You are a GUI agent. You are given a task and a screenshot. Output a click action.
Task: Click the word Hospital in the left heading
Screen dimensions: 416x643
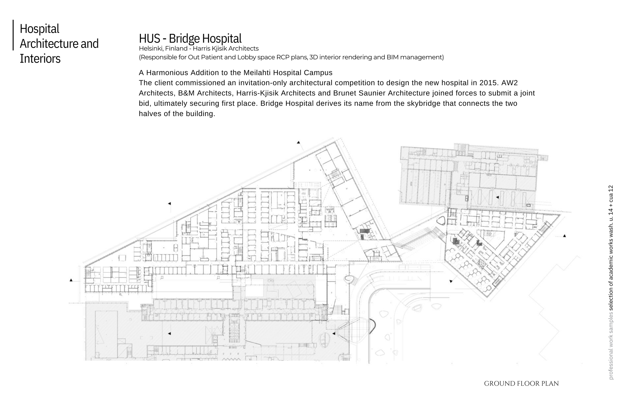pyautogui.click(x=39, y=29)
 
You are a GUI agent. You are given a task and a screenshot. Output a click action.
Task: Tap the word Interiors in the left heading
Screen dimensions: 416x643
pyautogui.click(x=40, y=59)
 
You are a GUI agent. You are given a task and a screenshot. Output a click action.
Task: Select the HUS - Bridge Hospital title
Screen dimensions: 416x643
pyautogui.click(x=190, y=38)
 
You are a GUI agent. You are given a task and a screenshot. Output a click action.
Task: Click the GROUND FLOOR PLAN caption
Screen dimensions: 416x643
pyautogui.click(x=521, y=384)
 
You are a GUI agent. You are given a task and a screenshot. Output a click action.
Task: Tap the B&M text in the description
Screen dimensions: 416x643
pyautogui.click(x=186, y=93)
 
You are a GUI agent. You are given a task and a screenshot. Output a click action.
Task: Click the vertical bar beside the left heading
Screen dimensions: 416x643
pyautogui.click(x=13, y=35)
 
